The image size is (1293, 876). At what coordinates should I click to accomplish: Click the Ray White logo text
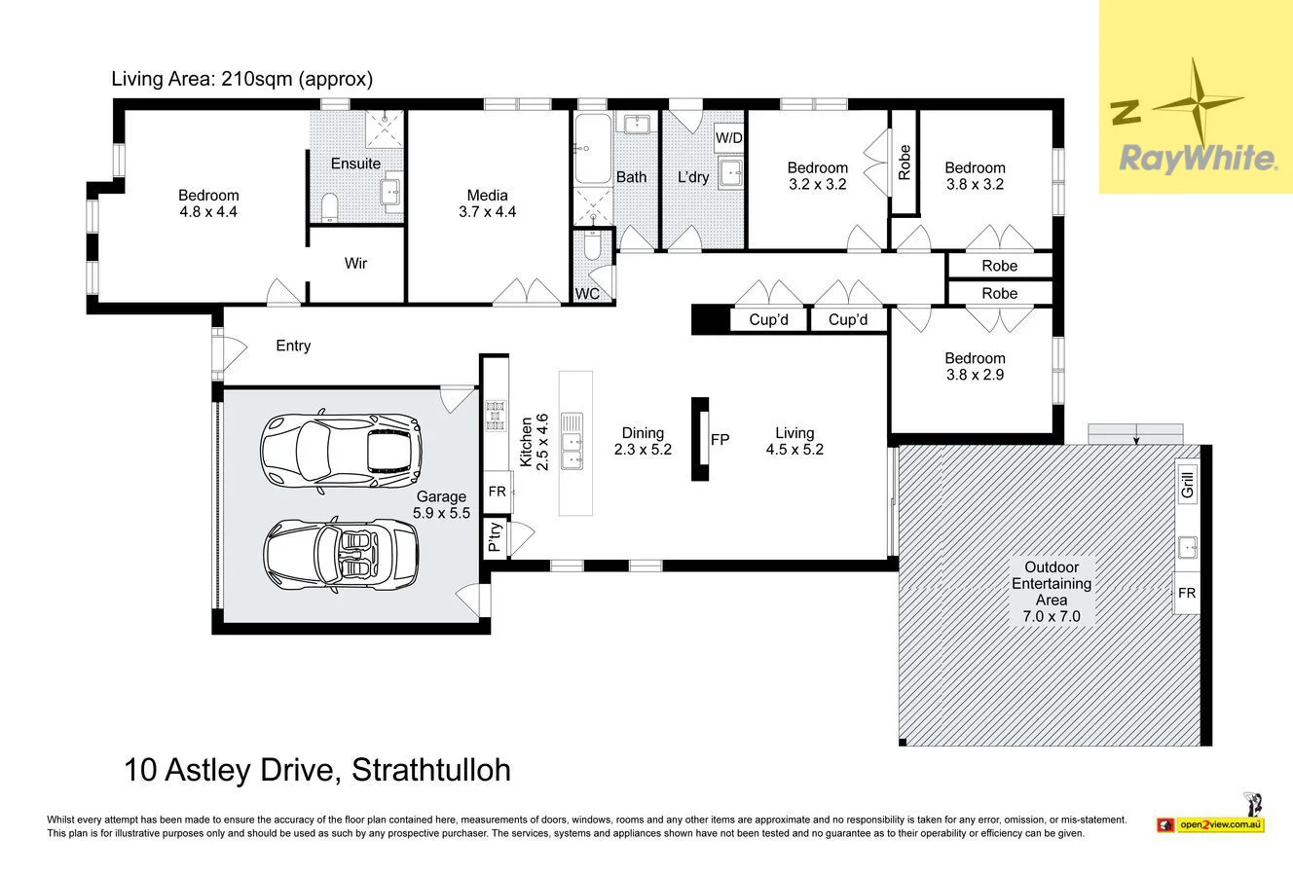pyautogui.click(x=1198, y=158)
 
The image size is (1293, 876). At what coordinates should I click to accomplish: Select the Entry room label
pyautogui.click(x=293, y=346)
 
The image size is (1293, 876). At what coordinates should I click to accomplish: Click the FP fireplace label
pyautogui.click(x=720, y=440)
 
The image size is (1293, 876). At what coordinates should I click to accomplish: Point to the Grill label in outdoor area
pyautogui.click(x=1188, y=484)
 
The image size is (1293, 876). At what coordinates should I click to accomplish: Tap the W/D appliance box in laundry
pyautogui.click(x=728, y=137)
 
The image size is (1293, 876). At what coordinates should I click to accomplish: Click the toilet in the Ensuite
pyautogui.click(x=329, y=206)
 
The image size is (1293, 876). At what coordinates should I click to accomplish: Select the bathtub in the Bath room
pyautogui.click(x=592, y=148)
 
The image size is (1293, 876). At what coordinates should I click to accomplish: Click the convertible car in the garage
pyautogui.click(x=341, y=555)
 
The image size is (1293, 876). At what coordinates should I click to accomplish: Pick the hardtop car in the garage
pyautogui.click(x=341, y=452)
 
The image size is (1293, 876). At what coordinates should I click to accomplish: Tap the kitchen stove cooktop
pyautogui.click(x=496, y=416)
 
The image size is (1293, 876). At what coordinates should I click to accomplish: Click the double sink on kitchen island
pyautogui.click(x=573, y=441)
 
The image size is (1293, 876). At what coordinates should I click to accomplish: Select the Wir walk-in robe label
pyautogui.click(x=355, y=264)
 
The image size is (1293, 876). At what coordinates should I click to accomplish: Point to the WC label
pyautogui.click(x=587, y=294)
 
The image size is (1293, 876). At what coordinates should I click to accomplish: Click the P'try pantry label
pyautogui.click(x=496, y=536)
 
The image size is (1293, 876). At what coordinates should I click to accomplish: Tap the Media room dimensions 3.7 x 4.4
pyautogui.click(x=487, y=212)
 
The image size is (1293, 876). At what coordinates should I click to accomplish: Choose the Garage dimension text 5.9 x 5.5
pyautogui.click(x=442, y=512)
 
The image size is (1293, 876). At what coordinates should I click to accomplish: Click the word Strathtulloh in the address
pyautogui.click(x=431, y=771)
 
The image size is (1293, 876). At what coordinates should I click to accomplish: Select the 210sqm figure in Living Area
pyautogui.click(x=256, y=79)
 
